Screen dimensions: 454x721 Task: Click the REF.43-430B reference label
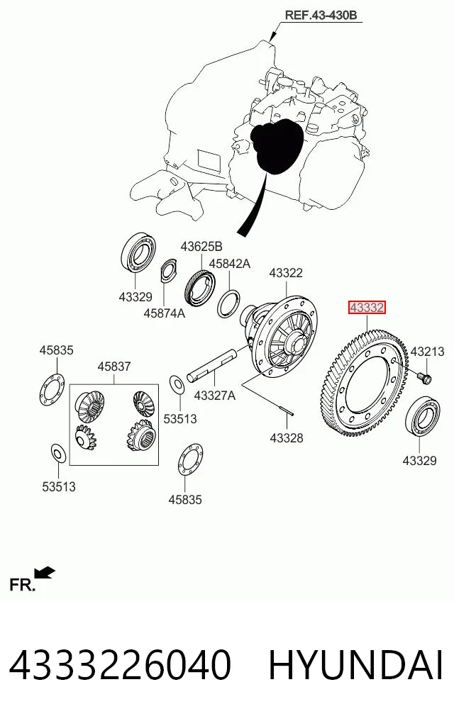[x=321, y=15]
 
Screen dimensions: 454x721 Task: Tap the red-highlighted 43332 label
[x=367, y=307]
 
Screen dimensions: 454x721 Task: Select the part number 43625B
[x=201, y=247]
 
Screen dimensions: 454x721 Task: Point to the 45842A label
[x=229, y=264]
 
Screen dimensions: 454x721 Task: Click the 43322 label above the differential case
[x=286, y=273]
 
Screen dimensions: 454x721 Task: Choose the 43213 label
[x=427, y=352]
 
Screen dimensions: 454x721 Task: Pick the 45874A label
[x=164, y=313]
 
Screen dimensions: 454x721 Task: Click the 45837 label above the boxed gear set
[x=114, y=367]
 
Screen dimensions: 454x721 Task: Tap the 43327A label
[x=214, y=395]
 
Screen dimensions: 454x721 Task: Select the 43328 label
[x=286, y=437]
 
